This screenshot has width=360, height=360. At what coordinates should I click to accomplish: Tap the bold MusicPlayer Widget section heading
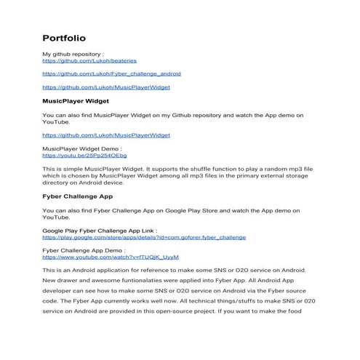(76, 101)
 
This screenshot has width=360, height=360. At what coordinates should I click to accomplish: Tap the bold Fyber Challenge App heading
(81, 196)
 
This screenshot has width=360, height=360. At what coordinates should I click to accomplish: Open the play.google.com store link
(144, 237)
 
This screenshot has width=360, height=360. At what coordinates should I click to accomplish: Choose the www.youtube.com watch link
(111, 257)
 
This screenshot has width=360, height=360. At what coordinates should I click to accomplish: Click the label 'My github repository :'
(74, 55)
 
